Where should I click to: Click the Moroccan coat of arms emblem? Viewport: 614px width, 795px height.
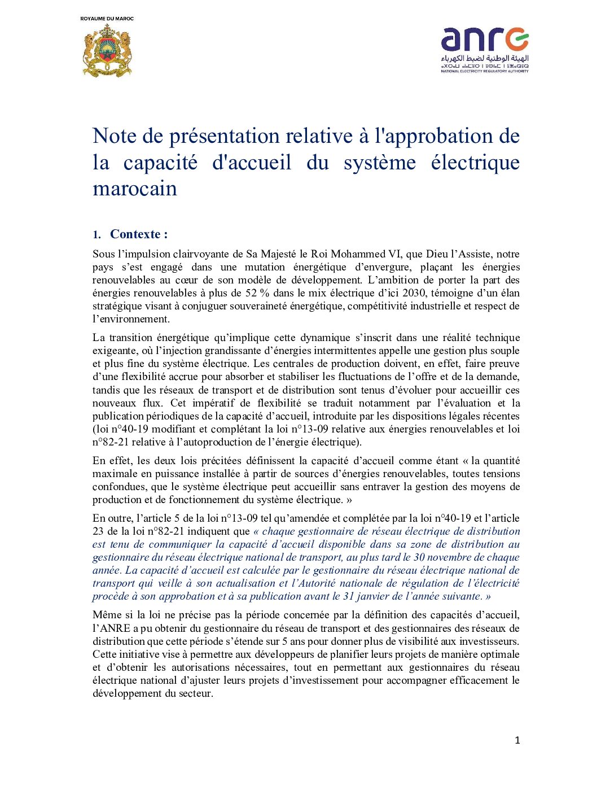pyautogui.click(x=107, y=50)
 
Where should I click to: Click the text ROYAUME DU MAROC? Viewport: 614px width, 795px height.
pyautogui.click(x=107, y=19)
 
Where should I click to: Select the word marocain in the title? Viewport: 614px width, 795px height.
pyautogui.click(x=135, y=189)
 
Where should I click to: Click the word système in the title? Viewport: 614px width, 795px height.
pyautogui.click(x=379, y=163)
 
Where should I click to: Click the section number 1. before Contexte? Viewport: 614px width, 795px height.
pyautogui.click(x=97, y=235)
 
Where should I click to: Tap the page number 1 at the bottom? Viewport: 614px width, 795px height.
pyautogui.click(x=517, y=740)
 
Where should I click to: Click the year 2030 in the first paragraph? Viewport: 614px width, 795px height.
pyautogui.click(x=414, y=293)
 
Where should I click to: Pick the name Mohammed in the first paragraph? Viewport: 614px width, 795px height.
pyautogui.click(x=358, y=254)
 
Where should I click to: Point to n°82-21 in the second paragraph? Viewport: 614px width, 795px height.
pyautogui.click(x=109, y=442)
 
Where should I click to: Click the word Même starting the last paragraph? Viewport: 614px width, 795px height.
pyautogui.click(x=107, y=615)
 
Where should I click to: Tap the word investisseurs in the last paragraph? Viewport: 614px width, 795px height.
pyautogui.click(x=488, y=641)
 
